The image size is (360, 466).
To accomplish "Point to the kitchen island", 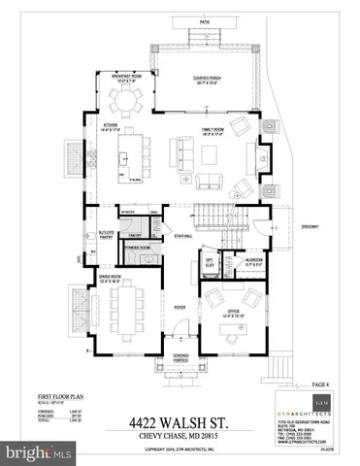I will (x=135, y=157).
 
